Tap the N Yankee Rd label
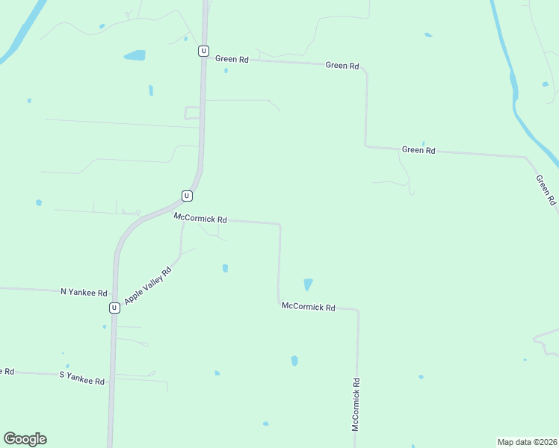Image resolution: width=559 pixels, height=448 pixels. pyautogui.click(x=84, y=292)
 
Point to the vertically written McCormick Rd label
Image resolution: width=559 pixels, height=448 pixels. pyautogui.click(x=356, y=404)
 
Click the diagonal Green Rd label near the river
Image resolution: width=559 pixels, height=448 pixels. pyautogui.click(x=546, y=190)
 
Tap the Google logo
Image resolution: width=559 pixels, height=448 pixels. pyautogui.click(x=25, y=439)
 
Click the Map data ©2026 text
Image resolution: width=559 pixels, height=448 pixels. pyautogui.click(x=527, y=441)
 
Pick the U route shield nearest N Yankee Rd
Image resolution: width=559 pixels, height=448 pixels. pyautogui.click(x=114, y=308)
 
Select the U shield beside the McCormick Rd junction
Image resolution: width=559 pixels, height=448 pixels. pyautogui.click(x=187, y=196)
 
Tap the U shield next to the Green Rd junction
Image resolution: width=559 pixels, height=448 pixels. pyautogui.click(x=203, y=51)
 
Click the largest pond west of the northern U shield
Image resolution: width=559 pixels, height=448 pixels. pyautogui.click(x=135, y=55)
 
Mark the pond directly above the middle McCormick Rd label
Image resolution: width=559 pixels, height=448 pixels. pyautogui.click(x=308, y=284)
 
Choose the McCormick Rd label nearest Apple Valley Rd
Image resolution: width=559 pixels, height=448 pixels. pyautogui.click(x=200, y=219)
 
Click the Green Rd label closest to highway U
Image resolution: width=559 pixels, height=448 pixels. pyautogui.click(x=232, y=59)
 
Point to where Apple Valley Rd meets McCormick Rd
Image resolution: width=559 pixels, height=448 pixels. pyautogui.click(x=183, y=222)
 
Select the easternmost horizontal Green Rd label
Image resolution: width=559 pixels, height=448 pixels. pyautogui.click(x=419, y=150)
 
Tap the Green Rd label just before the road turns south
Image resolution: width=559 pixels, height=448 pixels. pyautogui.click(x=342, y=66)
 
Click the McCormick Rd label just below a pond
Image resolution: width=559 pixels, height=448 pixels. pyautogui.click(x=308, y=306)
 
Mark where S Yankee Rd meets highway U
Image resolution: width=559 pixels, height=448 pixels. pyautogui.click(x=112, y=380)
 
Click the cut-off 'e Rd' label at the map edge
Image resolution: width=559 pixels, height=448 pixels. pyautogui.click(x=7, y=371)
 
